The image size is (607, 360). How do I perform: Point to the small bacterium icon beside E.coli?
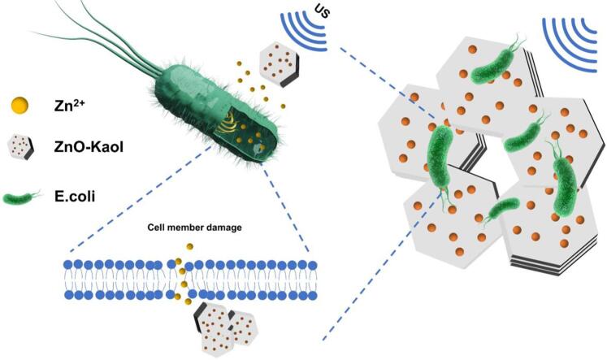pos(22,198)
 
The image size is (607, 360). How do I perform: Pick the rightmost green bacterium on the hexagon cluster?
pos(562,175)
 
